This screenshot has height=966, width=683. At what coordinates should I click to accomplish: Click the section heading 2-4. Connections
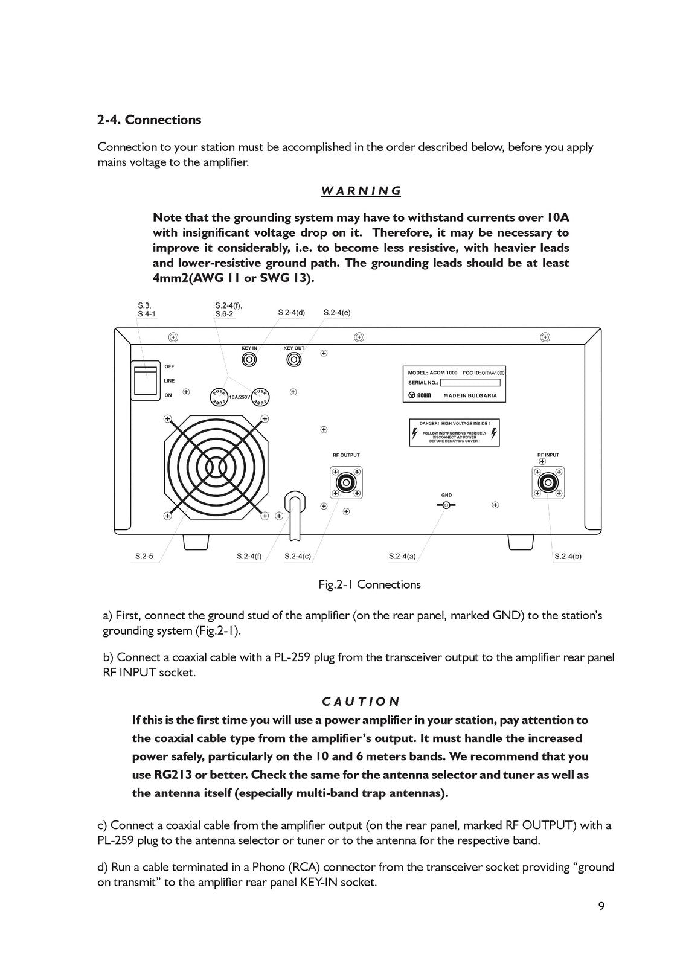tap(149, 120)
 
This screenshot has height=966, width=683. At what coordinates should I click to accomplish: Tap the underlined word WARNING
tap(361, 191)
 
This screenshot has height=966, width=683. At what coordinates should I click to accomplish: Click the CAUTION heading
tap(361, 702)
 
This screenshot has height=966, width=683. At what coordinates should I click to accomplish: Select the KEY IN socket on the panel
tap(249, 360)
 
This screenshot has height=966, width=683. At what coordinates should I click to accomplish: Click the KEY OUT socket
tap(293, 360)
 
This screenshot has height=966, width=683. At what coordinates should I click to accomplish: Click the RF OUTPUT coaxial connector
tap(346, 482)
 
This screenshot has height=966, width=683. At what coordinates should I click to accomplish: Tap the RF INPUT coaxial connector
tap(548, 482)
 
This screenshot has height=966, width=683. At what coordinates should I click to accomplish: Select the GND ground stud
tap(446, 505)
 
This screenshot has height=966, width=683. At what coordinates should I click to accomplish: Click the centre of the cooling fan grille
tap(214, 466)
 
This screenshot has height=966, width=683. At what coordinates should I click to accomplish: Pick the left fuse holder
tap(218, 397)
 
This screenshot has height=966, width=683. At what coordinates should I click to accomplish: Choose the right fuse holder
tap(260, 397)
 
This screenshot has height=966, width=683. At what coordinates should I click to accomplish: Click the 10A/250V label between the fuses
tap(239, 397)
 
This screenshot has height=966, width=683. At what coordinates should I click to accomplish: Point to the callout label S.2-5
tap(144, 557)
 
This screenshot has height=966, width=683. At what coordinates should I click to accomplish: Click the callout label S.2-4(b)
tap(568, 557)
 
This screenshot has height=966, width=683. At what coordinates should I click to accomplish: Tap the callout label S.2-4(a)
tap(402, 557)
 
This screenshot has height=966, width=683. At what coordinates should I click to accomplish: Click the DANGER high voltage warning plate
tap(454, 432)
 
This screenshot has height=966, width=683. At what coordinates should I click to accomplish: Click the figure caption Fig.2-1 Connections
tap(370, 584)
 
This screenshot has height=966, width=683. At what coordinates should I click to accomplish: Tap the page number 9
tap(601, 906)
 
